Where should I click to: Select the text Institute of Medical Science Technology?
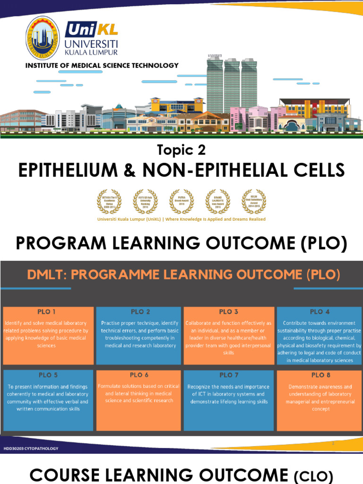click(102, 66)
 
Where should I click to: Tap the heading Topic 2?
click(181, 150)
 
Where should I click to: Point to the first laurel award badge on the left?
click(109, 201)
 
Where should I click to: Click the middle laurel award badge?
click(181, 201)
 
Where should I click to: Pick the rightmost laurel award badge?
click(254, 201)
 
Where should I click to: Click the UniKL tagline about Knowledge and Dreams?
click(181, 219)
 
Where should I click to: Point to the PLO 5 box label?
click(48, 375)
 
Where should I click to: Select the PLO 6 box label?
click(139, 374)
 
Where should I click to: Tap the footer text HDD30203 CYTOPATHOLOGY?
click(31, 449)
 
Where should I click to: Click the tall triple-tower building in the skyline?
click(232, 85)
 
